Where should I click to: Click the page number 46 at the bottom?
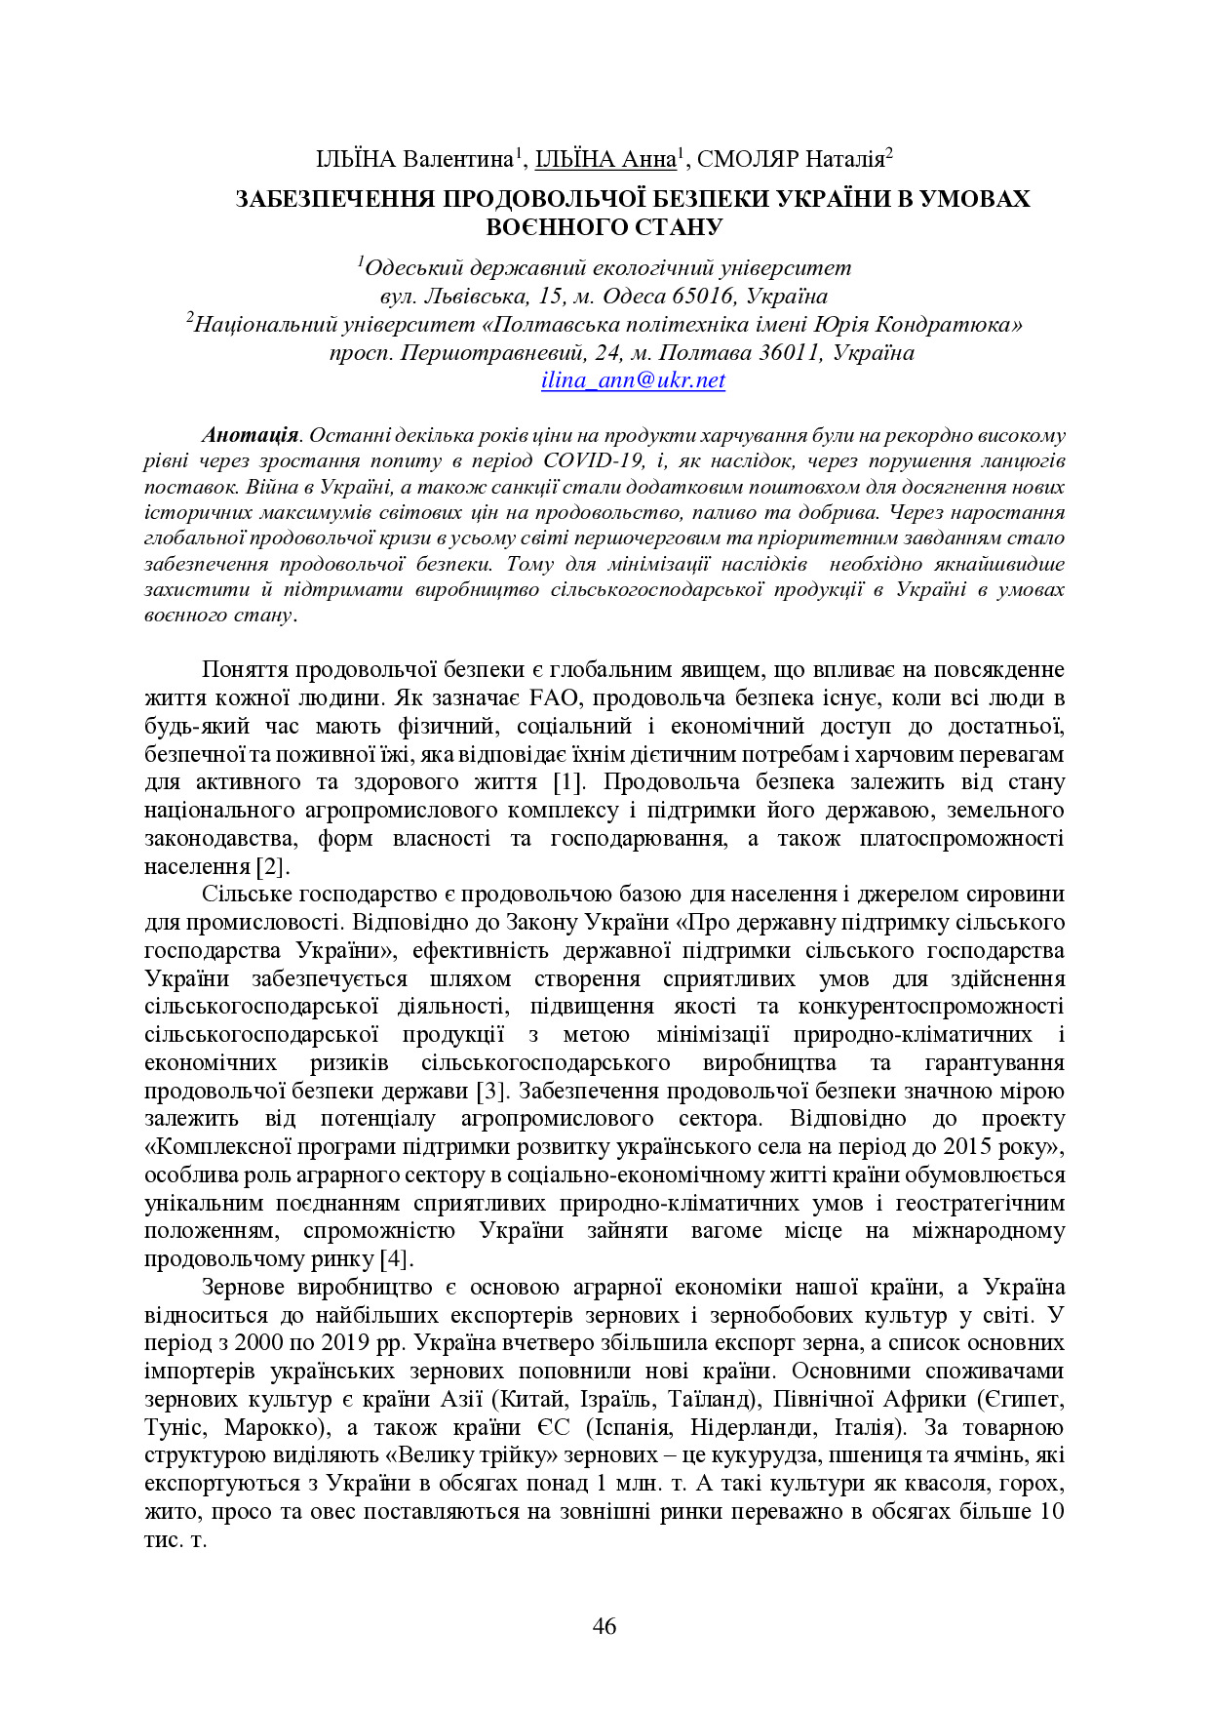click(604, 1625)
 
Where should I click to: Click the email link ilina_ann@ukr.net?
click(633, 380)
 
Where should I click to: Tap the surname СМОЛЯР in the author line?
click(748, 159)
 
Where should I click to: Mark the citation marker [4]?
click(395, 1259)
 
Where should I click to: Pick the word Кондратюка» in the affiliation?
click(958, 325)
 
